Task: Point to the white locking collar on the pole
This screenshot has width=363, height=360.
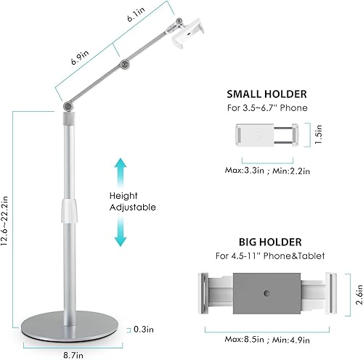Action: [70, 211]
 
